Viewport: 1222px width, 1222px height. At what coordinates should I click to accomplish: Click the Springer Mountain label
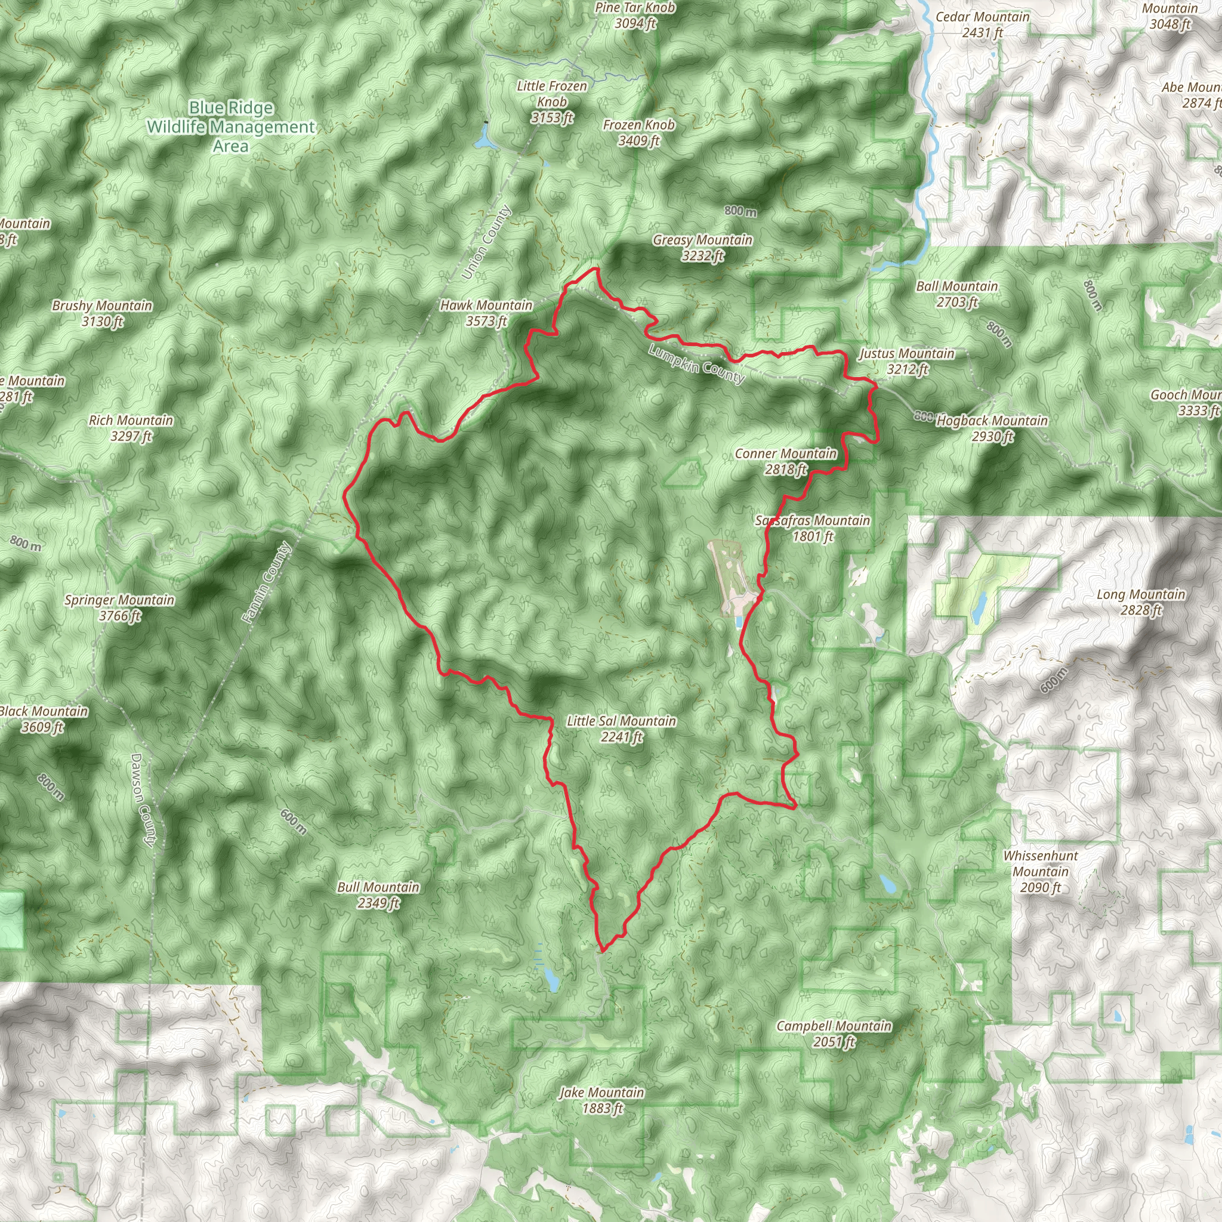pos(119,608)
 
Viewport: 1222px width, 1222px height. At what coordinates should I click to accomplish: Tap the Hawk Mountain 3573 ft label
pos(486,313)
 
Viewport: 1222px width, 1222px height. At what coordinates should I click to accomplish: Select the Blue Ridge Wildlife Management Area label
pos(231,127)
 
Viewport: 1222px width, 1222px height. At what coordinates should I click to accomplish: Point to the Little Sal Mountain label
pos(621,729)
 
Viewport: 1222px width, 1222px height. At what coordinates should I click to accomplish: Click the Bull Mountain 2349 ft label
pos(378,895)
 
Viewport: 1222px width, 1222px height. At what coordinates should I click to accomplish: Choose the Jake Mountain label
pos(602,1100)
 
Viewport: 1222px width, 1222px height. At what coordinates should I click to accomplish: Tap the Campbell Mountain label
pos(834,1033)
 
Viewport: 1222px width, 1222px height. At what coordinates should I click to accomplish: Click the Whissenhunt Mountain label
pos(1041,872)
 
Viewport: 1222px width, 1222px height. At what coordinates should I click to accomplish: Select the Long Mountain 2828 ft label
pos(1141,602)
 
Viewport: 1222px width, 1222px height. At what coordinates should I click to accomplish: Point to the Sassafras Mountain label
pos(813,528)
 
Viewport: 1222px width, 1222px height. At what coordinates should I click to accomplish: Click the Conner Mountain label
pos(786,461)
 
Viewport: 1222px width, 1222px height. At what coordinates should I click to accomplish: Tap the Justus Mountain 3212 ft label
pos(906,361)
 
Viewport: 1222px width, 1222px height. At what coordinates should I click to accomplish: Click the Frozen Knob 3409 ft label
pos(639,133)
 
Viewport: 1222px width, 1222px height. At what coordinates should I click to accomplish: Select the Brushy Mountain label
pos(103,313)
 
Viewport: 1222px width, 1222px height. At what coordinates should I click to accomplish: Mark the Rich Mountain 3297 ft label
pos(131,428)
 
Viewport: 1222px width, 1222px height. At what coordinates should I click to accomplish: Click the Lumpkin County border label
pos(696,365)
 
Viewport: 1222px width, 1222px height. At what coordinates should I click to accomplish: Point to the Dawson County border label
pos(143,800)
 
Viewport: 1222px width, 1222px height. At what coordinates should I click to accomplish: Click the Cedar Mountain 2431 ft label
pos(982,24)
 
